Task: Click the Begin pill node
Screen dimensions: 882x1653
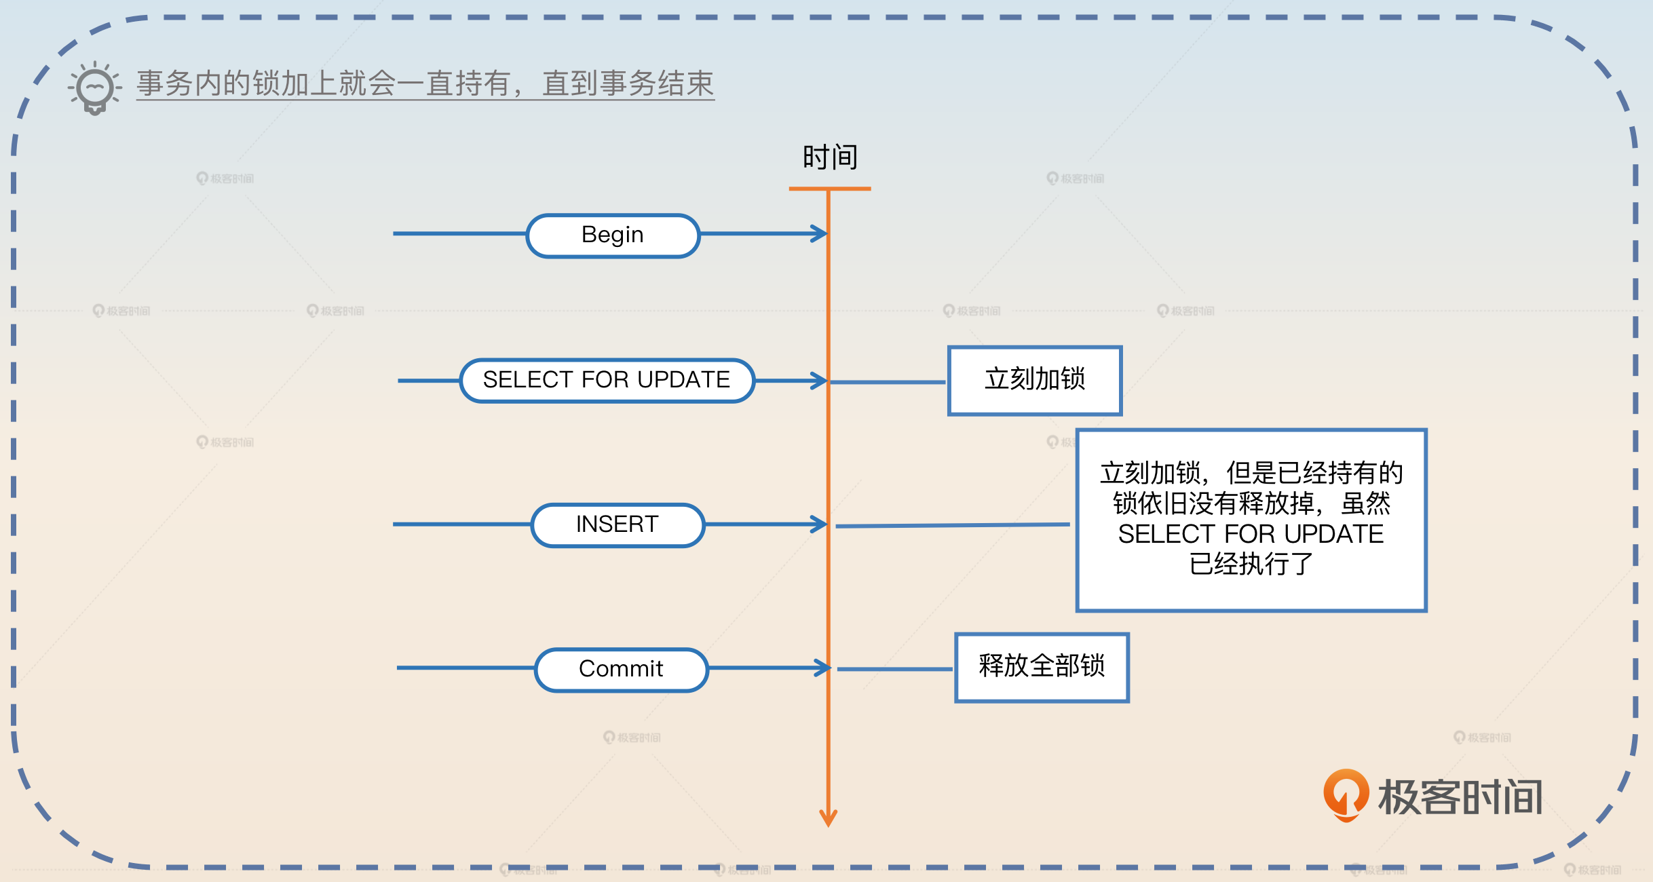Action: click(613, 235)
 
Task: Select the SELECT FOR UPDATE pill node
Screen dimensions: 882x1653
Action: click(607, 380)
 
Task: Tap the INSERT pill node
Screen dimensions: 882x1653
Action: click(617, 524)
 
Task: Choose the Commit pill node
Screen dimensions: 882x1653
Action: click(621, 669)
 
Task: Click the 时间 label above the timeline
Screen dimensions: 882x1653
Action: click(830, 157)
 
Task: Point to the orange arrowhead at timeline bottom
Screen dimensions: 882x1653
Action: click(828, 818)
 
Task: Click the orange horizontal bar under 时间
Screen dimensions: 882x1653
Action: click(829, 189)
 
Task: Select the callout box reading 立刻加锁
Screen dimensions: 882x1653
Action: click(1035, 380)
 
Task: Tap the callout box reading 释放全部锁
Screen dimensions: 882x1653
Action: click(1042, 667)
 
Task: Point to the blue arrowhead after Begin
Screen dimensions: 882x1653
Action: click(820, 234)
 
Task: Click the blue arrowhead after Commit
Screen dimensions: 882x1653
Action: click(822, 668)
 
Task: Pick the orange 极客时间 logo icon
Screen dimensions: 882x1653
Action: click(1346, 794)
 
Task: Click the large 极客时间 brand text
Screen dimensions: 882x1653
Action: click(1460, 797)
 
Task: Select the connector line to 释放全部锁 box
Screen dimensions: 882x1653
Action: click(894, 669)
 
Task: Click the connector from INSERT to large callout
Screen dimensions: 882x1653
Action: click(953, 525)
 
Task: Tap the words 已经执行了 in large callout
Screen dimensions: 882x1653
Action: click(1251, 564)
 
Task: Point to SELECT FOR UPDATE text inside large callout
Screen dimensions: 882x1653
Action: click(1251, 534)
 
